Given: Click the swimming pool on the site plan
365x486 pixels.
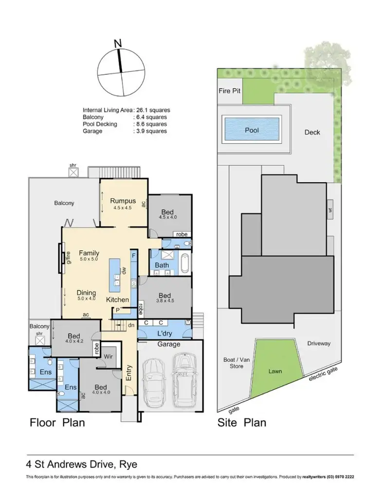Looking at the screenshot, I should click(x=251, y=130).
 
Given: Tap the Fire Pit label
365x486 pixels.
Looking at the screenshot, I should click(x=230, y=90).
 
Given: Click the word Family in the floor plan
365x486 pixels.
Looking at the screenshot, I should click(x=89, y=253).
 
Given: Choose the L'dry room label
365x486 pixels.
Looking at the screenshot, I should click(x=164, y=333).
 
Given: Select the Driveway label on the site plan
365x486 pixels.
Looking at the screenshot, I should click(x=319, y=344).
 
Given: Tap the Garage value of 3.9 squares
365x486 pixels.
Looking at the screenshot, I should click(x=151, y=131).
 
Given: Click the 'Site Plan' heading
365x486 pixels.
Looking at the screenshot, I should click(x=241, y=422).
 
